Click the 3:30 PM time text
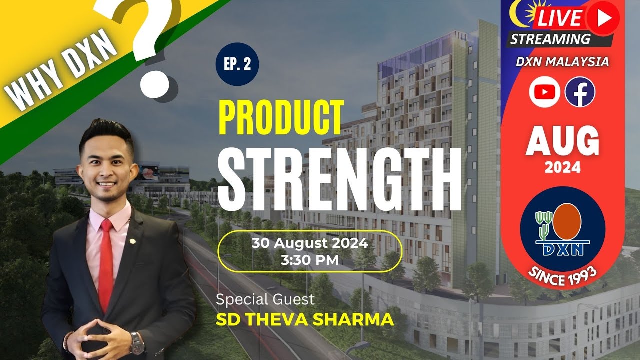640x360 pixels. click(x=309, y=260)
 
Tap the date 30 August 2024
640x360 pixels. click(x=310, y=244)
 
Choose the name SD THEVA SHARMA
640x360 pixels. click(x=304, y=320)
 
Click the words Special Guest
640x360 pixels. click(x=265, y=300)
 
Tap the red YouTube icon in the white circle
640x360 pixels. click(x=544, y=92)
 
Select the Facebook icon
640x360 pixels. click(x=580, y=92)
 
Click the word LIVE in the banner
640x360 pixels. click(x=559, y=18)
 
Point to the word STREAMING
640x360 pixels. click(x=550, y=39)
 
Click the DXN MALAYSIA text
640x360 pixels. click(x=563, y=62)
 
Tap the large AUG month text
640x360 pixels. click(x=562, y=141)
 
